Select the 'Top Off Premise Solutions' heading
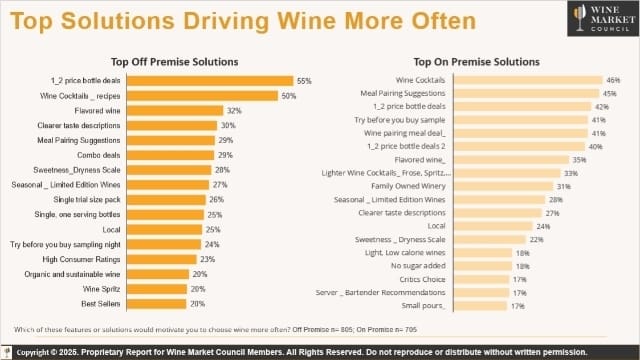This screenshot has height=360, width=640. (179, 61)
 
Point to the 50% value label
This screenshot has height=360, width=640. (288, 95)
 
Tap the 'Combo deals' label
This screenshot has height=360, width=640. (98, 155)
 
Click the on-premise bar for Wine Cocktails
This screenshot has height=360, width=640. (529, 79)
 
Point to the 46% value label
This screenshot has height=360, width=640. (613, 79)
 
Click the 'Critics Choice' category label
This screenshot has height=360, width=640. (424, 279)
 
